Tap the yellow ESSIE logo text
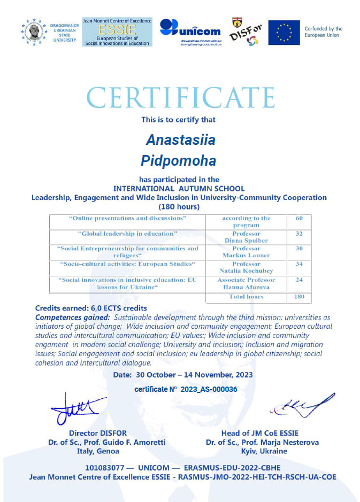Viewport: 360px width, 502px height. (x=117, y=30)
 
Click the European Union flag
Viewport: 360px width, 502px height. (x=284, y=33)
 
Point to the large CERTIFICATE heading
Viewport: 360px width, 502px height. (x=180, y=98)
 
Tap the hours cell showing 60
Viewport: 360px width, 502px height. (x=299, y=218)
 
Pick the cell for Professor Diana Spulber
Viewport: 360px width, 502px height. (x=246, y=237)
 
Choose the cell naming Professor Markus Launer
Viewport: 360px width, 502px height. (x=246, y=252)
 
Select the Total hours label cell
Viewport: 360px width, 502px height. (x=246, y=296)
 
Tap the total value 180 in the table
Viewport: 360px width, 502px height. (x=299, y=296)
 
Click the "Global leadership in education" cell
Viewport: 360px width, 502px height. (x=127, y=234)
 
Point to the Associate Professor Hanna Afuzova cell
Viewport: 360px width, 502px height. (x=246, y=283)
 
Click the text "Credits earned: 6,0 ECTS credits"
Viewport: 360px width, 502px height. (x=91, y=308)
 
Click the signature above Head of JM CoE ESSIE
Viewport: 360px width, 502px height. (x=302, y=406)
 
